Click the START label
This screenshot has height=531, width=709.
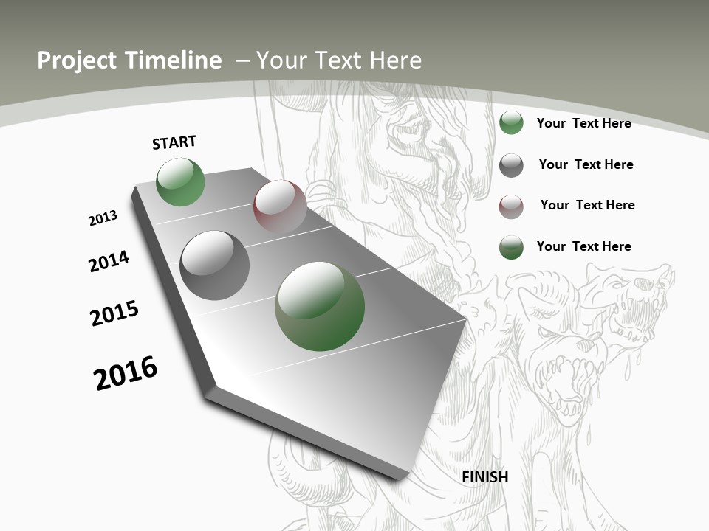tap(174, 142)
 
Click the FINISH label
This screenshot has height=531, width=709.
tap(484, 477)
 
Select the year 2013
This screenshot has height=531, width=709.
tap(103, 218)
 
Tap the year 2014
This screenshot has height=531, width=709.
tap(109, 261)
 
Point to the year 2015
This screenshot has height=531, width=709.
tap(114, 313)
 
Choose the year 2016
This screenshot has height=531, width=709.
tap(126, 373)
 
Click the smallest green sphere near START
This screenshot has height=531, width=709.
tap(180, 182)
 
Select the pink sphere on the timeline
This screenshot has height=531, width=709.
tap(280, 206)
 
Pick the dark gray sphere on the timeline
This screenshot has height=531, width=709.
tap(214, 265)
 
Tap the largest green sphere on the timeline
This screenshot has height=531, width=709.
tap(320, 306)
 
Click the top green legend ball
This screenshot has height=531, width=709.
tap(511, 122)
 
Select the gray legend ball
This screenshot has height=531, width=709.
tap(511, 164)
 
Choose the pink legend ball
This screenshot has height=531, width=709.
tap(511, 206)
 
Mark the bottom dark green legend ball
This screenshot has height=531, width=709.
tap(511, 246)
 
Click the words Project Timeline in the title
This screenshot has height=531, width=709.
tap(129, 60)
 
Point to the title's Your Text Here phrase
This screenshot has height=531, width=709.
tap(339, 60)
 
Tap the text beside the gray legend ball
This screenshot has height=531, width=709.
tap(586, 164)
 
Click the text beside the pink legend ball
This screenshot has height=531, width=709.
tap(587, 205)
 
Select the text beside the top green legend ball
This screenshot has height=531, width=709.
tap(583, 123)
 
